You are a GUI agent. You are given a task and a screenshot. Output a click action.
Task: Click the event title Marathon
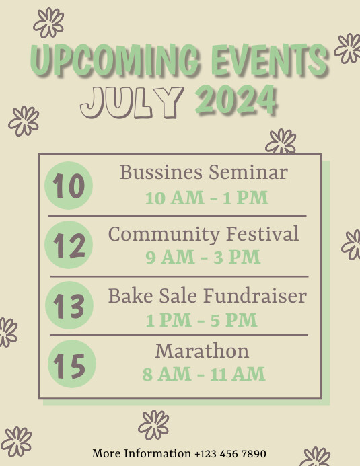[x=202, y=350]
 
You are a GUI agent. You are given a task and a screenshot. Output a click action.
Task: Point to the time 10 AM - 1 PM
[x=207, y=198]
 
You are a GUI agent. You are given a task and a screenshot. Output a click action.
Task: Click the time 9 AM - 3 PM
[x=203, y=257]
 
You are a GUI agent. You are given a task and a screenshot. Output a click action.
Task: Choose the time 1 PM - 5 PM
[x=202, y=320]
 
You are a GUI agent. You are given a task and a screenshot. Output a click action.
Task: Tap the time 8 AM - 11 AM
[x=204, y=374]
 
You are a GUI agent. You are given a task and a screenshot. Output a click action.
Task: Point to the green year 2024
[x=236, y=102]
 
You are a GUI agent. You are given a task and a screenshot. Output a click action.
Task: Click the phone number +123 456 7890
[x=230, y=453]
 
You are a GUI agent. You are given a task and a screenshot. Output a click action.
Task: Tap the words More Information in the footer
[x=141, y=453]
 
